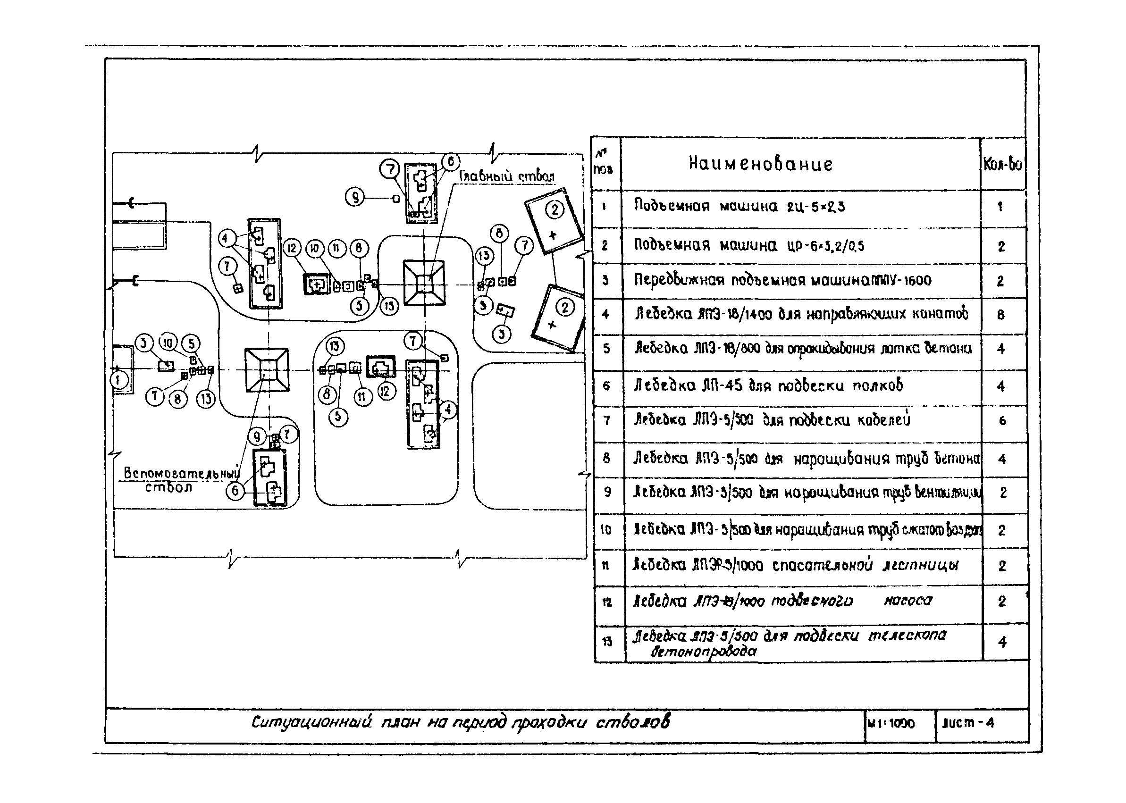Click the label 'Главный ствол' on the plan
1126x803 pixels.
coord(507,176)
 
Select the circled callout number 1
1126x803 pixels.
coord(118,380)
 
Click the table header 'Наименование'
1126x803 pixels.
coord(761,164)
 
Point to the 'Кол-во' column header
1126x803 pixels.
coord(1002,164)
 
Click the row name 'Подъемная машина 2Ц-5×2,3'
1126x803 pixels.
coord(739,206)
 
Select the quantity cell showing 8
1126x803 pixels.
coord(1001,315)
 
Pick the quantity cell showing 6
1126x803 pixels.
coord(1002,421)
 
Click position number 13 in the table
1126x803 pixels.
coord(607,642)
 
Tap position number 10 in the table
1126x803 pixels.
coord(606,530)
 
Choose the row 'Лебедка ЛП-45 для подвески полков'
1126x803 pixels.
coord(768,385)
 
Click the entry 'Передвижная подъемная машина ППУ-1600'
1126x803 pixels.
coord(782,280)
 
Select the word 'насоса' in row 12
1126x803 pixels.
coord(908,600)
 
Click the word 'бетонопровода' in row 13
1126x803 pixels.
coord(703,652)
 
